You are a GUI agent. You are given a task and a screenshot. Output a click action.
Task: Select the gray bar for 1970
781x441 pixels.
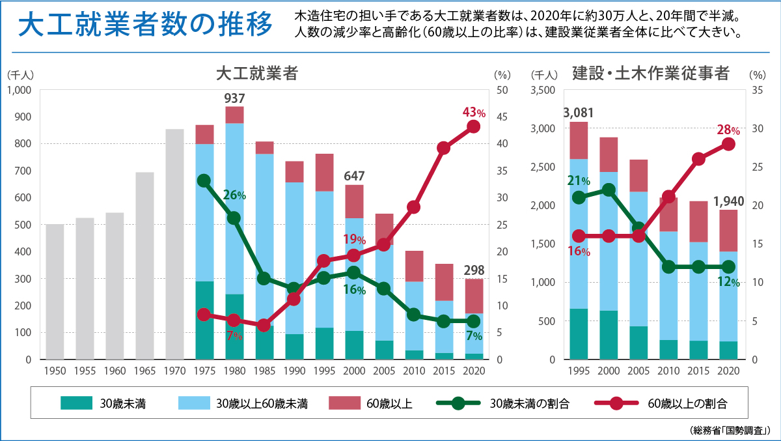coord(174,244)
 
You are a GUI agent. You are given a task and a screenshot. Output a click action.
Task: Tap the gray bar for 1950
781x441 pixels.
coord(55,291)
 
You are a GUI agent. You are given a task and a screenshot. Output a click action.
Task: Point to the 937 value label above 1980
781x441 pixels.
coord(234,98)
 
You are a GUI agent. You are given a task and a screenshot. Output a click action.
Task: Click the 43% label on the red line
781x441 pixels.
coord(474,112)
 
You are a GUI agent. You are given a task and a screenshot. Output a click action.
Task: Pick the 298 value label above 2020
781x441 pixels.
coord(474,270)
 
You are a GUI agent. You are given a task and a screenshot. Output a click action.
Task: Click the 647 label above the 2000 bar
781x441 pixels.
coord(354,176)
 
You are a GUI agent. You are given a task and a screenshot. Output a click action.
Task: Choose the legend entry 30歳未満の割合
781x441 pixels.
coord(528,404)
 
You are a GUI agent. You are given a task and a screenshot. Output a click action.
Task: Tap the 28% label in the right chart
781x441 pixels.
coord(730,130)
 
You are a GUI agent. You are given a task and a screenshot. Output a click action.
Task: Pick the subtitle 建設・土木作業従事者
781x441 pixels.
coord(650,72)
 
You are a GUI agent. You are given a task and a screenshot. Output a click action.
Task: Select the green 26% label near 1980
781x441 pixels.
coord(235,194)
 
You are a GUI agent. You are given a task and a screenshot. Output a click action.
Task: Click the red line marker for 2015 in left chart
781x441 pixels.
coord(444,148)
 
